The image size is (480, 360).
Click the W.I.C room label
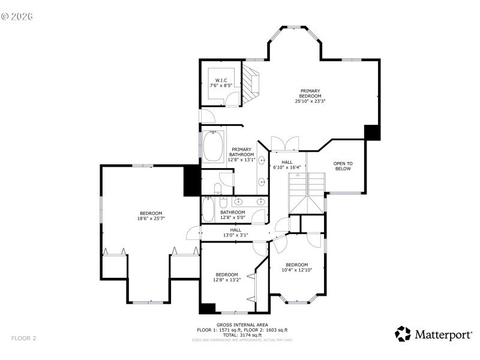point(220,83)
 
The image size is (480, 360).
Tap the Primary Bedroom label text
point(310,96)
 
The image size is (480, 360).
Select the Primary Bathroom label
point(241,155)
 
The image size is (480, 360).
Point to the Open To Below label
point(343,166)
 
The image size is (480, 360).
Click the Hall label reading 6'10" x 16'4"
point(287,165)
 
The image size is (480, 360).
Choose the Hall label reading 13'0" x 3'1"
point(236,232)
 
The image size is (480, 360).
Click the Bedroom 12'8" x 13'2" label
point(227,277)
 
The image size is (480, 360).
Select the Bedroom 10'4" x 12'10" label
point(296,268)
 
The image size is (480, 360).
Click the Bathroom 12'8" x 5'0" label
point(232,215)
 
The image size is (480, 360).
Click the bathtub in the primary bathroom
point(213,147)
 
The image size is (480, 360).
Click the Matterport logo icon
point(403,334)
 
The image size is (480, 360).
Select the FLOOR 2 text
point(23,338)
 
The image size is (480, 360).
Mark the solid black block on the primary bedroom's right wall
point(372,132)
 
